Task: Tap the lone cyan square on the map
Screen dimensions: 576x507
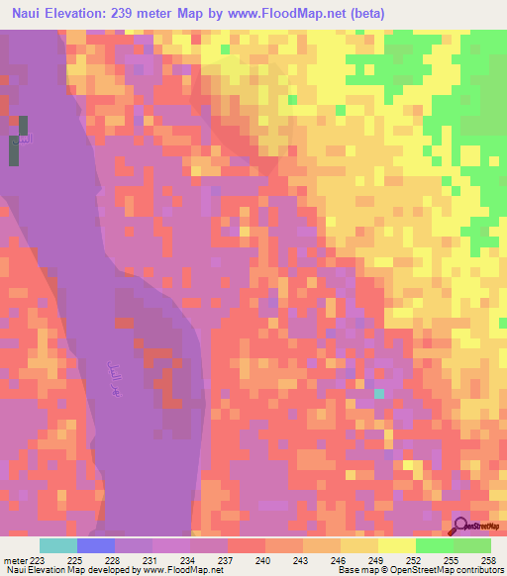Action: point(378,394)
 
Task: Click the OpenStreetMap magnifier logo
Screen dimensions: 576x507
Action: point(462,527)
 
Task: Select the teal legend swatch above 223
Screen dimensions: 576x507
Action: point(58,545)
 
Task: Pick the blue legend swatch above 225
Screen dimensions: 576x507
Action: point(96,545)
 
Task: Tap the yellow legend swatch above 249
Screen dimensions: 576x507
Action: point(359,545)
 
